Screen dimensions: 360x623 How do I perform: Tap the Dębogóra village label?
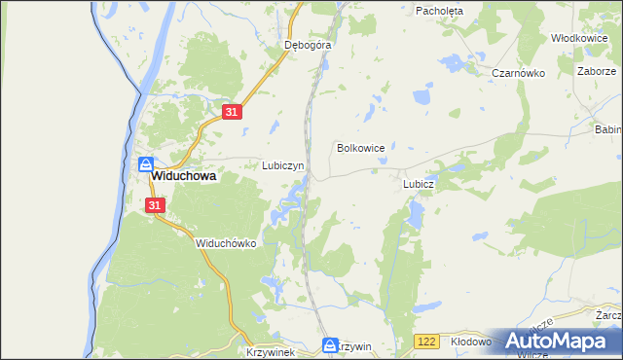[308, 45]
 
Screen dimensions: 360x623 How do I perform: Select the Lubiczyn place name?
[283, 165]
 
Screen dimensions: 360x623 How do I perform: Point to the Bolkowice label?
[360, 148]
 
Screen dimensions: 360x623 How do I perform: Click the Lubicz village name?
[418, 183]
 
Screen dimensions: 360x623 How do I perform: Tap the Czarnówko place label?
[516, 73]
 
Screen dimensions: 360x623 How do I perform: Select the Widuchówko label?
[225, 243]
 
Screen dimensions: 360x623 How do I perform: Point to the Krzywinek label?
[270, 352]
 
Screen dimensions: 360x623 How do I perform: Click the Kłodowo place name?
[473, 342]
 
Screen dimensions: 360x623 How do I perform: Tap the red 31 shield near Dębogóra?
[231, 113]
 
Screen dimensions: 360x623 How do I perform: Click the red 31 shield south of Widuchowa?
[156, 205]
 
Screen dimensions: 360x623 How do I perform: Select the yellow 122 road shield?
[425, 342]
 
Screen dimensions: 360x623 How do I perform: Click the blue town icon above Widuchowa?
[145, 164]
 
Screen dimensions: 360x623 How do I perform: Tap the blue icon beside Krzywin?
[330, 345]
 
